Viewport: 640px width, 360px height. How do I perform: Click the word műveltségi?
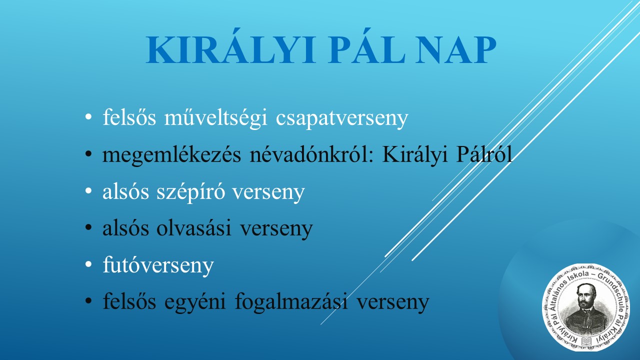(215, 117)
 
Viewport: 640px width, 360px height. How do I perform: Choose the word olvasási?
(193, 227)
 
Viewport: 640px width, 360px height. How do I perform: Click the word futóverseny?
(158, 265)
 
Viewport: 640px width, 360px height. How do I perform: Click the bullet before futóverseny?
(88, 264)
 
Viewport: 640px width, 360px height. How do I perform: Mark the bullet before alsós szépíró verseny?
(88, 190)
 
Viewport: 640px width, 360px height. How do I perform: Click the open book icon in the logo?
(587, 341)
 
